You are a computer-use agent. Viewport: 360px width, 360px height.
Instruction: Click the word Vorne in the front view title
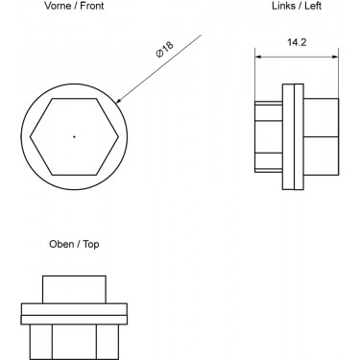tap(59, 6)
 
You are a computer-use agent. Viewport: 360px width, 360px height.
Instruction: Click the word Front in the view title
tap(92, 6)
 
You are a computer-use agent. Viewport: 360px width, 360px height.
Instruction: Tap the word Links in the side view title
tap(283, 6)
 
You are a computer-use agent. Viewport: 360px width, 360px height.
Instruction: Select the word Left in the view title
tap(313, 6)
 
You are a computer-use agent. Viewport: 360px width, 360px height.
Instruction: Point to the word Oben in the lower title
tap(61, 244)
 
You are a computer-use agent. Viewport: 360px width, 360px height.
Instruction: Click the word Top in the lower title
tap(91, 245)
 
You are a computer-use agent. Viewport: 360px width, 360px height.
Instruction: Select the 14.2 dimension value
tap(297, 42)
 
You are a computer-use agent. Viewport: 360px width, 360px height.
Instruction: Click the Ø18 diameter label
tap(164, 49)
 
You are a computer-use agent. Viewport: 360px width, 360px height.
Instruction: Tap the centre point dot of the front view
tap(74, 136)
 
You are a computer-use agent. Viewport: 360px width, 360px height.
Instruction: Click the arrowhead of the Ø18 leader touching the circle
tap(118, 101)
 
